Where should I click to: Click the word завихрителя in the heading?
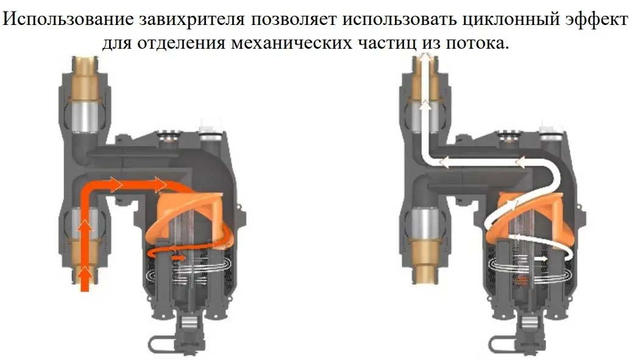[192, 19]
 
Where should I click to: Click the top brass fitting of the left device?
[85, 77]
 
